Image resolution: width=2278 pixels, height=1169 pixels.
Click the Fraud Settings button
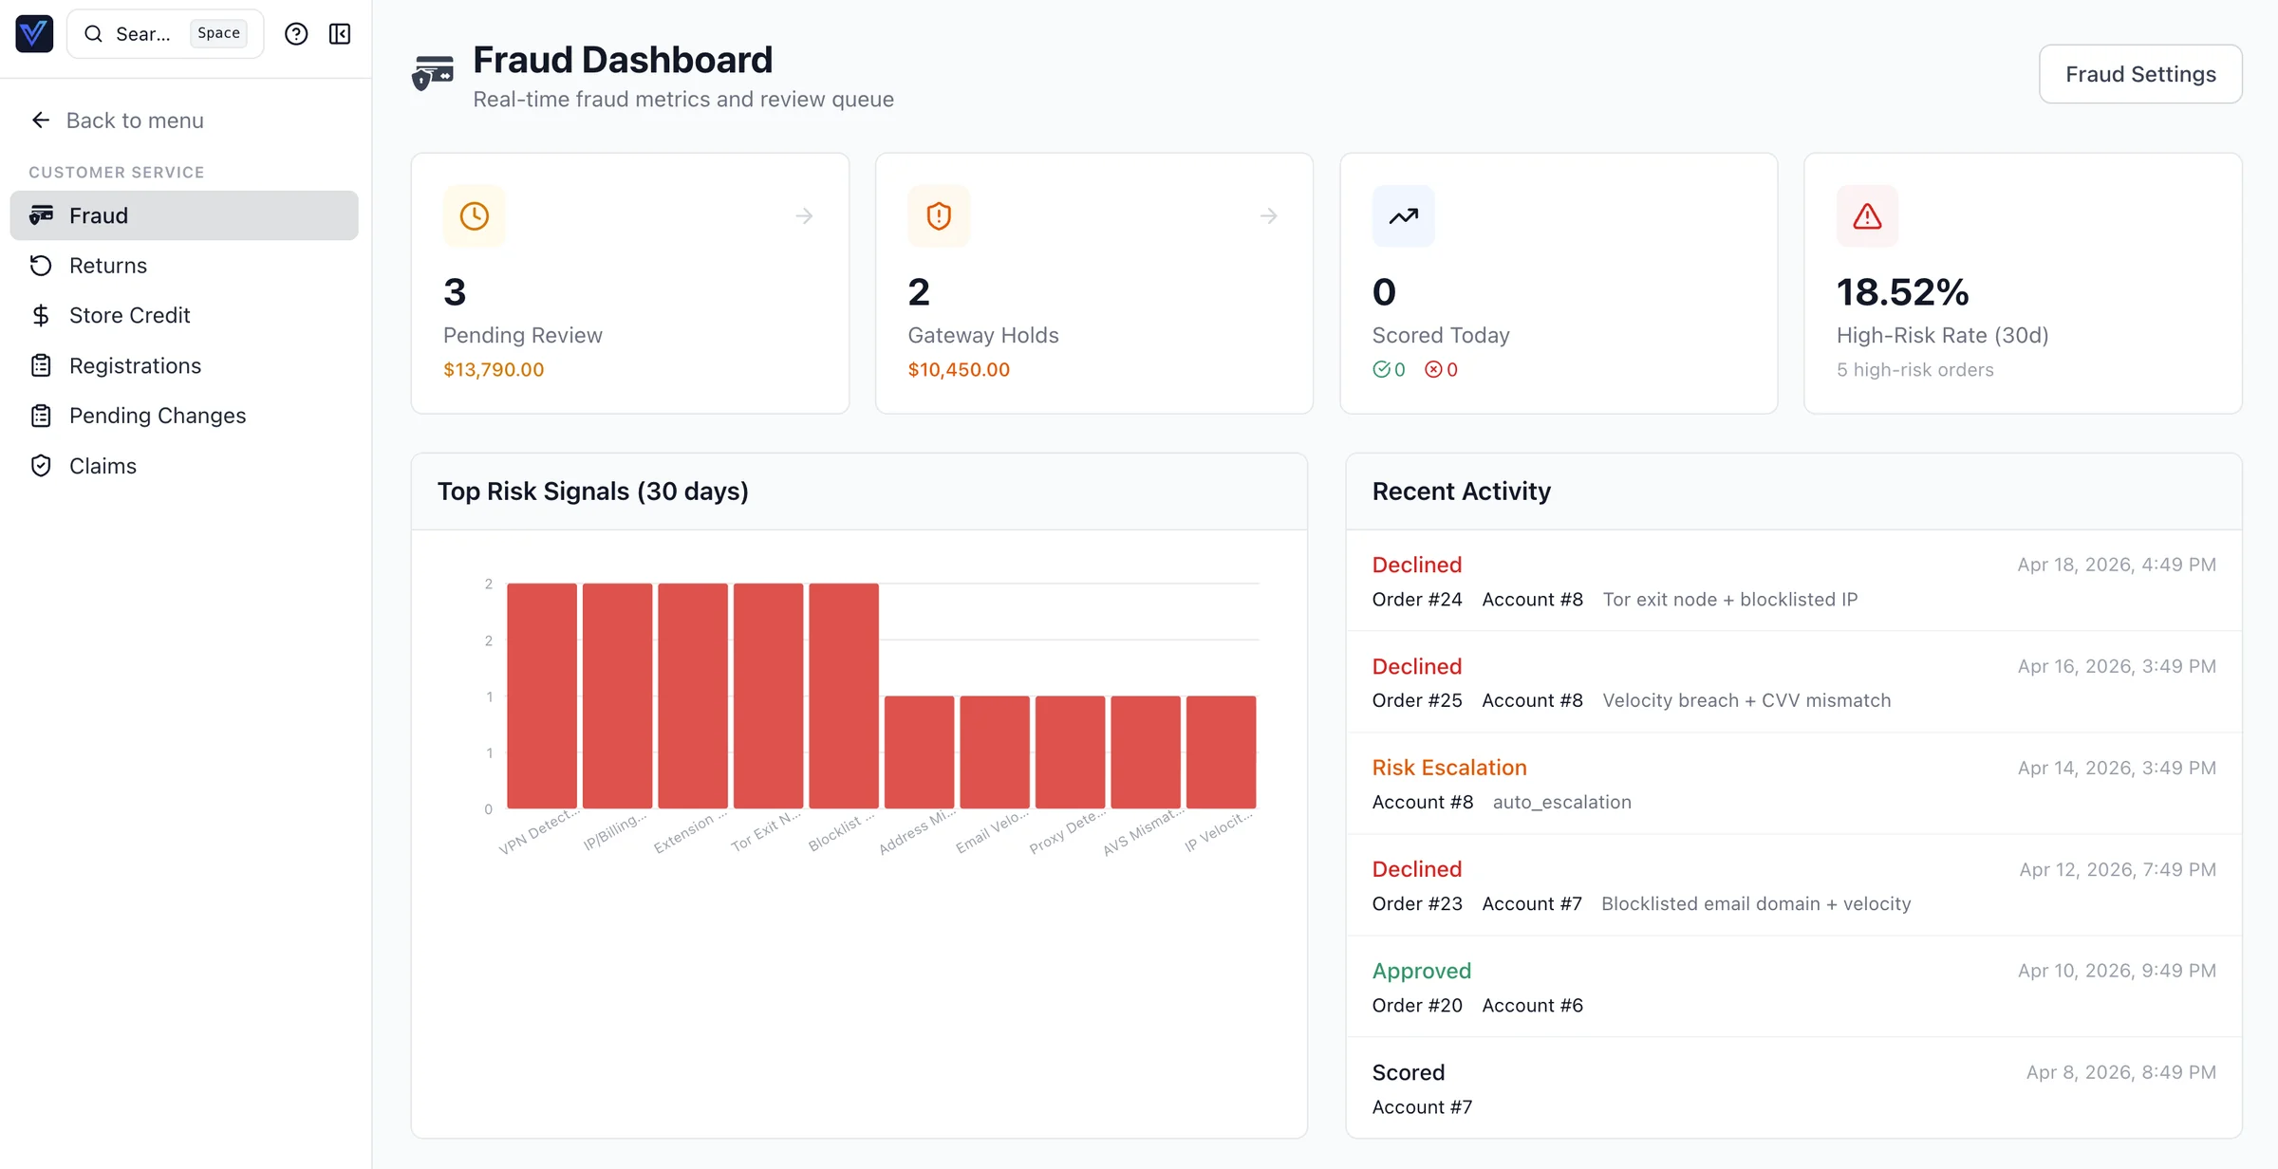click(2139, 74)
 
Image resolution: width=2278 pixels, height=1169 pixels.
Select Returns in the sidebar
click(107, 266)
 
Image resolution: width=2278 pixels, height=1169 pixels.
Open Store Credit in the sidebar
click(129, 315)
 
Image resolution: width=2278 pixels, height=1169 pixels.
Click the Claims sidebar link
click(103, 466)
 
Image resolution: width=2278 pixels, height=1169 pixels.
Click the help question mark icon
click(296, 34)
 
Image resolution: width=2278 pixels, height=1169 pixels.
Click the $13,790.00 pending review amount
click(493, 370)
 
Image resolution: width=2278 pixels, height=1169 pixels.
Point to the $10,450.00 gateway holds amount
click(958, 370)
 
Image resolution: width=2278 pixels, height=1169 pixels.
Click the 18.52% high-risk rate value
click(1901, 292)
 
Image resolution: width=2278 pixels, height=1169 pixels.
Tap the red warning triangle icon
click(1866, 216)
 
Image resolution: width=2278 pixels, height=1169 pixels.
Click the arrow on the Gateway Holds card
click(1268, 216)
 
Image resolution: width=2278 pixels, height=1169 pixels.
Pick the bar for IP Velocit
click(1221, 751)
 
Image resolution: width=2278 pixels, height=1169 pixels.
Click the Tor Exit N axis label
click(765, 831)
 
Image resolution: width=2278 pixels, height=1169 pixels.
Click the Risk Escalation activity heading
click(1448, 768)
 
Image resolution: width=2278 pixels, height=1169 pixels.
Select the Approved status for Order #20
click(1421, 971)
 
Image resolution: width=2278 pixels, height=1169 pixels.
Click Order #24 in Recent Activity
click(1416, 600)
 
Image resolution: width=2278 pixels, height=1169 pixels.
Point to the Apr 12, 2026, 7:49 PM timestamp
click(2117, 870)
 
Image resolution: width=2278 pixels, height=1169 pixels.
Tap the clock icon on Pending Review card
click(474, 216)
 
